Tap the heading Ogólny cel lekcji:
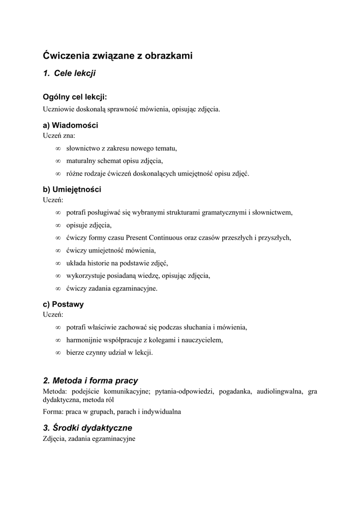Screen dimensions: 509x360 click(75, 97)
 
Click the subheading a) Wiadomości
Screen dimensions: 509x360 click(70, 125)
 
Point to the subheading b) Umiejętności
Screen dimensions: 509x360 click(72, 189)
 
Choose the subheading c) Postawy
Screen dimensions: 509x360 click(63, 304)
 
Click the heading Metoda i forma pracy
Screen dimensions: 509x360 click(90, 381)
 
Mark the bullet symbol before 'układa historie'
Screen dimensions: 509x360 click(58, 263)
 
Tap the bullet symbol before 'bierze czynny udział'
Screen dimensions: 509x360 click(58, 352)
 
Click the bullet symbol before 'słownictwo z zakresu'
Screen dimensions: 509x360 click(58, 148)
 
